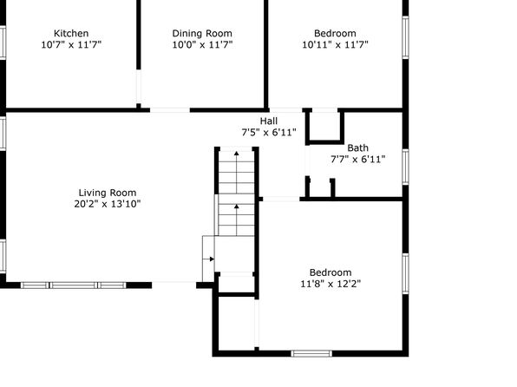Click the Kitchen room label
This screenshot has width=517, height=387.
(x=71, y=33)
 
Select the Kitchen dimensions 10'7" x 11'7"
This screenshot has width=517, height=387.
(x=71, y=44)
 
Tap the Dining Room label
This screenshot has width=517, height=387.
(x=202, y=33)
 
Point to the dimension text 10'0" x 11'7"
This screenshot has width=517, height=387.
(x=202, y=44)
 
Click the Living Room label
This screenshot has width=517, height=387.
(x=108, y=193)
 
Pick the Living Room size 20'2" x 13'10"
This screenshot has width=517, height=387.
(x=108, y=204)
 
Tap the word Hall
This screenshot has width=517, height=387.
(x=269, y=121)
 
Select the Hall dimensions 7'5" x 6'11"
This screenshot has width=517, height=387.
(x=269, y=132)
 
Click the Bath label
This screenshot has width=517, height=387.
(x=357, y=148)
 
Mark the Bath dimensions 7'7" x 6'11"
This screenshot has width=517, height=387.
(x=357, y=160)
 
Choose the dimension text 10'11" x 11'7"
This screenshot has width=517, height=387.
(x=335, y=44)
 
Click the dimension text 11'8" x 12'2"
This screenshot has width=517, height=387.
(x=330, y=284)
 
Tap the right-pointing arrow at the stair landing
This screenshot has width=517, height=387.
(x=208, y=259)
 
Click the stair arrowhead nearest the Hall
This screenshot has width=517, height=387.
(x=237, y=153)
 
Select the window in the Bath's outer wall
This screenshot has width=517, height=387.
(x=406, y=167)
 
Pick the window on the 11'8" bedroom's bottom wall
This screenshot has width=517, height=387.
(x=311, y=354)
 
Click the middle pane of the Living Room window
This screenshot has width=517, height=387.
(x=74, y=285)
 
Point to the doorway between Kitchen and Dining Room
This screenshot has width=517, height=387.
(x=139, y=87)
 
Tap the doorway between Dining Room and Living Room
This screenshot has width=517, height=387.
(x=170, y=110)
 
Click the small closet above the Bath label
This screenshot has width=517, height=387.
(x=325, y=126)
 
